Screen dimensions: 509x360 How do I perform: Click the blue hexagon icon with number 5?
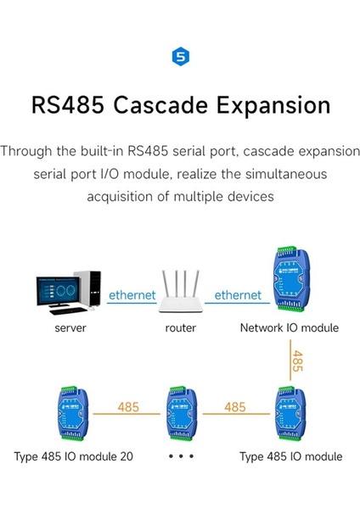tap(180, 57)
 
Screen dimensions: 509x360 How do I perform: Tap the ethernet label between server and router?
tap(131, 295)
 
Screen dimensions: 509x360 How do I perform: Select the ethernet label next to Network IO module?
tap(238, 295)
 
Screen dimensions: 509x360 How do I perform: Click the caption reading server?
tap(70, 327)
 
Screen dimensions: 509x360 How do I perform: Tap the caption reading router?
tap(180, 327)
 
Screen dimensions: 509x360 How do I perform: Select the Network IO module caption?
tap(289, 327)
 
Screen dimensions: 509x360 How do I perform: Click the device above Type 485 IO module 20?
tap(73, 412)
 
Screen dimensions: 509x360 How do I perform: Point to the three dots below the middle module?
tap(181, 456)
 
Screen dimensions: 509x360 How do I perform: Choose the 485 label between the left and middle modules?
tap(128, 407)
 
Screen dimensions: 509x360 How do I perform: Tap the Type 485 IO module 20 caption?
tap(73, 456)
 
